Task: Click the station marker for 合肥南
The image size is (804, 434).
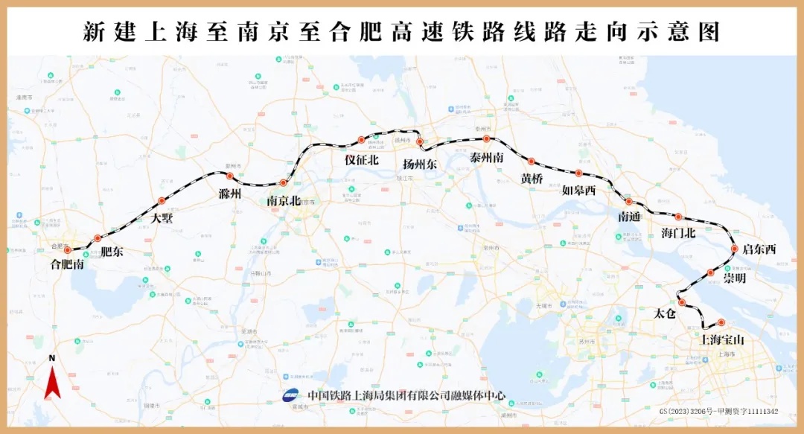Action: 67,250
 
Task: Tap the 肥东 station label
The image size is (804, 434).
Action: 112,252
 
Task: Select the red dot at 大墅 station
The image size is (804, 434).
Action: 162,200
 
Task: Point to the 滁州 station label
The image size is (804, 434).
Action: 231,194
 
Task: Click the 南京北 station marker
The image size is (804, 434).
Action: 283,182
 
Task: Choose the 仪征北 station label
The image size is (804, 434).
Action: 361,160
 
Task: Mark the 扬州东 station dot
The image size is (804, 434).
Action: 420,141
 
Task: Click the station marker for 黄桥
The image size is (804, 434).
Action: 532,161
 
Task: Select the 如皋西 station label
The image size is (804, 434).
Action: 578,191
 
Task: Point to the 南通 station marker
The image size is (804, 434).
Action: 628,201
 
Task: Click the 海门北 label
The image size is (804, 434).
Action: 678,233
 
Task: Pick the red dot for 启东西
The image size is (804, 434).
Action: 735,249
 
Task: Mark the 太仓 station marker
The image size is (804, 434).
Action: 681,302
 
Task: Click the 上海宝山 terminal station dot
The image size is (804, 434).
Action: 721,322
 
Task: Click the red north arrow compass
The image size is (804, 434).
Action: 52,384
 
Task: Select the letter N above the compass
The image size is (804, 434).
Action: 52,358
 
